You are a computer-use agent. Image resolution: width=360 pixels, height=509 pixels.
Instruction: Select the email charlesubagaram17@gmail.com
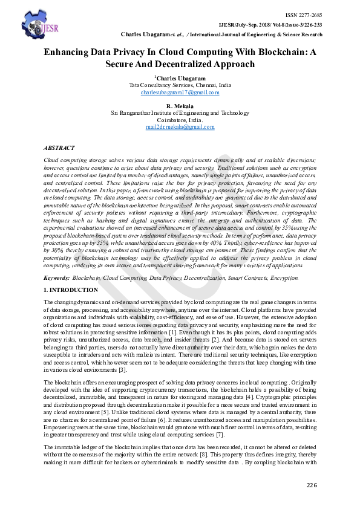coord(180,92)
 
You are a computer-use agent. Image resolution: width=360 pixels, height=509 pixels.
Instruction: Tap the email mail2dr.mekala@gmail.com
coord(180,127)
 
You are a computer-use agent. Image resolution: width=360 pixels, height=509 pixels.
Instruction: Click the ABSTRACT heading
coord(59,148)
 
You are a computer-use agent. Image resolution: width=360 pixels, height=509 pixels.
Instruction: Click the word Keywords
coord(56,277)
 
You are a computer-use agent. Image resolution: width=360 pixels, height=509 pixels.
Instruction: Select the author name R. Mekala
coord(180,106)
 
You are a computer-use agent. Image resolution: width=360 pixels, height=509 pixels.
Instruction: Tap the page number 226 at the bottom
coord(312,485)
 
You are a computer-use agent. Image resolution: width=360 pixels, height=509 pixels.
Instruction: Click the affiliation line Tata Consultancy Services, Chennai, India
coord(180,85)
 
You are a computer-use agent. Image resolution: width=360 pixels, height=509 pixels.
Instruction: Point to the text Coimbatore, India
coord(180,120)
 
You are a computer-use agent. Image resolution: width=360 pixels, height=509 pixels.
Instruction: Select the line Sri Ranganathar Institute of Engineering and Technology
coord(180,113)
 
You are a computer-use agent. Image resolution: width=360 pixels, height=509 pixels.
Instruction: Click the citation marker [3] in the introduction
coord(122,369)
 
